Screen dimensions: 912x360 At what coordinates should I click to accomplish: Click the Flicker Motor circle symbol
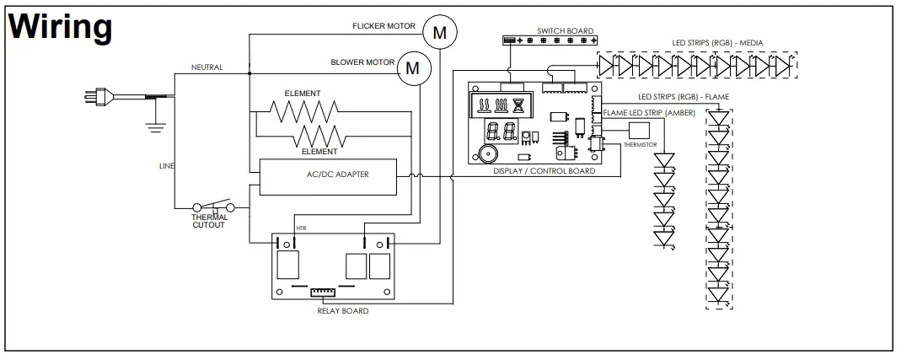[439, 33]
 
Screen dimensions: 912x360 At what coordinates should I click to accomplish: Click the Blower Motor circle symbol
[414, 68]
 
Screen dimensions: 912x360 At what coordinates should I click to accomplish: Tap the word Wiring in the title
[60, 26]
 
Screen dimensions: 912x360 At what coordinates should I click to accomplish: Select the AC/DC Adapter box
[328, 177]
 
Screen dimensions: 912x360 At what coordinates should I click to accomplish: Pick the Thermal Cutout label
[209, 221]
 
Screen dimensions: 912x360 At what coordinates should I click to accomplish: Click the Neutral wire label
[207, 67]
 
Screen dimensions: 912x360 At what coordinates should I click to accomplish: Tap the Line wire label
[166, 166]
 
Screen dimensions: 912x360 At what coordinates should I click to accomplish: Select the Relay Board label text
[342, 311]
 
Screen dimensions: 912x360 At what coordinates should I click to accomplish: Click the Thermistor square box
[639, 131]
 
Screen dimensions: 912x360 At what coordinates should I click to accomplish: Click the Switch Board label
[565, 31]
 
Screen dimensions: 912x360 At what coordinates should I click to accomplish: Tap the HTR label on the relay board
[301, 228]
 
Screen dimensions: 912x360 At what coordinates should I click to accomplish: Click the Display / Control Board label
[544, 171]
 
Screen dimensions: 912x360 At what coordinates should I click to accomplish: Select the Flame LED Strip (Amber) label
[649, 113]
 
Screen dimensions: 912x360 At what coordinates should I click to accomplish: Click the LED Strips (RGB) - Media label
[718, 43]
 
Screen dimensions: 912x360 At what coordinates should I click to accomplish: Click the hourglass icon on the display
[518, 105]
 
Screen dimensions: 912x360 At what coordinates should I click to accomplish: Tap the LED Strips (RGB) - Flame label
[684, 97]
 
